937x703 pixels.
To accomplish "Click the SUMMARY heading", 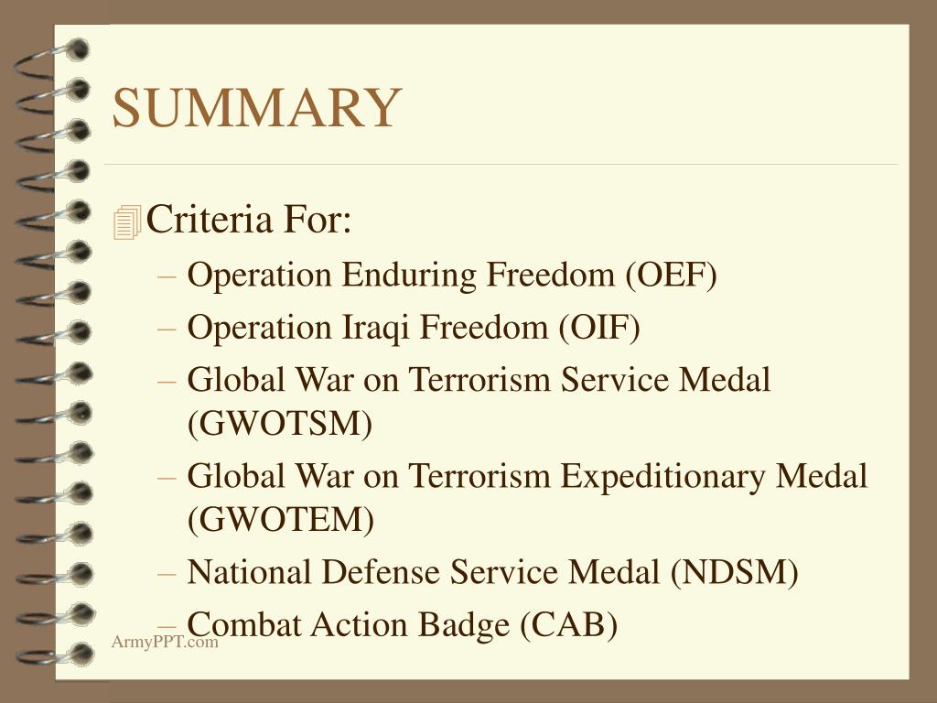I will pos(256,107).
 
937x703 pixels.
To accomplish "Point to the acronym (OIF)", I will pos(600,327).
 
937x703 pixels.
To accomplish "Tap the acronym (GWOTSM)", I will pos(279,424).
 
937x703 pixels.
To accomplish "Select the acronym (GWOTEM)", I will pos(280,520).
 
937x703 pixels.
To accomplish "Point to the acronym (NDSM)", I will pos(734,572).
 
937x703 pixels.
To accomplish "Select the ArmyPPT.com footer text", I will pos(165,642).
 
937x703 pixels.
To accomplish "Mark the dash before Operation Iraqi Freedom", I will pos(172,328).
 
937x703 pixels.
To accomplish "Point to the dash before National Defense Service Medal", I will pos(172,573).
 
